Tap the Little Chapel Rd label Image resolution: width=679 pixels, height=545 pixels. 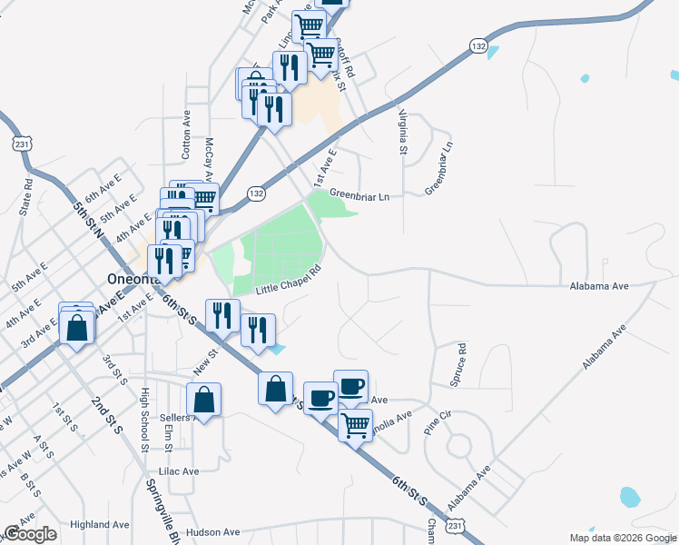coord(289,281)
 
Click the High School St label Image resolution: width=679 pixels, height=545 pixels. coord(144,420)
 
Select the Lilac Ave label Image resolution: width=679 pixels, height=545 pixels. coord(178,471)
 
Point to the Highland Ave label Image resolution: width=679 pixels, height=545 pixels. coord(100,524)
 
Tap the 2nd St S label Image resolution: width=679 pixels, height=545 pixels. coord(106,415)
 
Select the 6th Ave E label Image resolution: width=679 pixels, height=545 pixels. coord(103,193)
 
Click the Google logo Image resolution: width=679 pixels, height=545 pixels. coord(30,534)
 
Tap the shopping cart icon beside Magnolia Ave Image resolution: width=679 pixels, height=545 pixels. coord(355,423)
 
